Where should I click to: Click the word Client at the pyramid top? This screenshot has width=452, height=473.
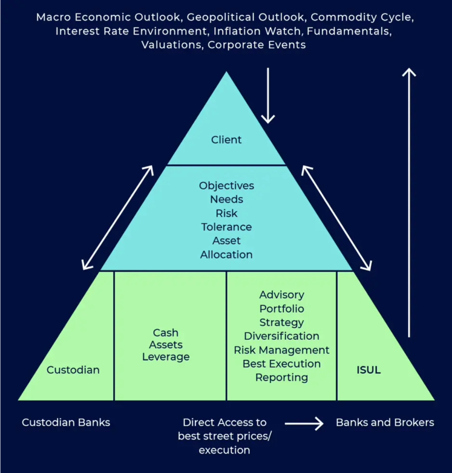coord(226,140)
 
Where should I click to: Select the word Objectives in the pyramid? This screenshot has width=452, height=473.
coord(226,186)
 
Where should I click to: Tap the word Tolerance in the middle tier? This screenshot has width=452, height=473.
coord(226,227)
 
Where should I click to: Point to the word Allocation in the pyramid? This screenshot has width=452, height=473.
coord(226,254)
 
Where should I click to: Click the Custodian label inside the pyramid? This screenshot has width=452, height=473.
coord(73,370)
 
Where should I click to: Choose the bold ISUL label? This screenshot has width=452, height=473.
coord(368,370)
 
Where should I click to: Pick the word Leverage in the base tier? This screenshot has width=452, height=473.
coord(166,357)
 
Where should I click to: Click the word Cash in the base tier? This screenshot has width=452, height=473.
coord(166,332)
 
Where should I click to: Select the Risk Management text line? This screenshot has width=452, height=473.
coord(282,350)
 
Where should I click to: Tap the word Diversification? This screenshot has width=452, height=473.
coord(282,336)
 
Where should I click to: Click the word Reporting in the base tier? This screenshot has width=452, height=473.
coord(282,377)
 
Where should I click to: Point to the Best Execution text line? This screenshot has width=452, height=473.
coord(282,364)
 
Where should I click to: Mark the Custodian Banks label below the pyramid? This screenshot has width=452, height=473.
coord(66,422)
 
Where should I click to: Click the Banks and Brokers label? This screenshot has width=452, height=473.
coord(385,422)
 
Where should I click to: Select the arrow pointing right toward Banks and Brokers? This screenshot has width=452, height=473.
coord(304,423)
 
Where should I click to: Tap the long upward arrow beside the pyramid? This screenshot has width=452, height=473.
coord(409,202)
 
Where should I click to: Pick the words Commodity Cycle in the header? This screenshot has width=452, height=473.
coord(362,17)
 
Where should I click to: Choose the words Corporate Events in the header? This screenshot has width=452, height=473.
coord(257,45)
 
